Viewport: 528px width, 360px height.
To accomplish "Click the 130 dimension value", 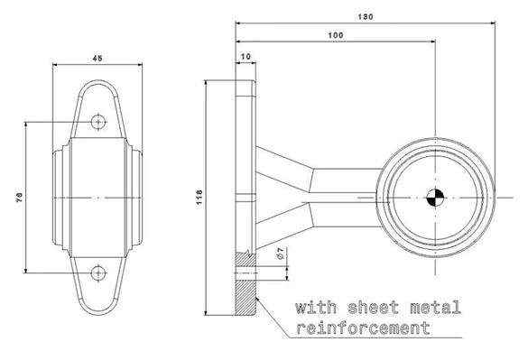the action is (x=366, y=16).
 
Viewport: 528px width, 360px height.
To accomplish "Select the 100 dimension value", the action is (x=336, y=35).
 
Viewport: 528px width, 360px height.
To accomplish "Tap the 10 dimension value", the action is (x=246, y=56).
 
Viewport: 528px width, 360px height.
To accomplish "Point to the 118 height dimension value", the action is (x=199, y=198).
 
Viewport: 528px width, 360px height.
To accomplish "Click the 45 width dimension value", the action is (x=97, y=59).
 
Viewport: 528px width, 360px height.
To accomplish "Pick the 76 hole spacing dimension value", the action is (x=20, y=198).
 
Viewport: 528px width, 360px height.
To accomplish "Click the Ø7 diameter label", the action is (x=280, y=254).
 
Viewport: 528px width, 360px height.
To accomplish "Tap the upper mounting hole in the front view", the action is (x=98, y=122).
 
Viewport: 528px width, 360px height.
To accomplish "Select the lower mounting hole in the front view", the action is (x=98, y=272).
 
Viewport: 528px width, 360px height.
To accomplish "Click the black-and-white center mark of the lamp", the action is (x=435, y=198).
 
